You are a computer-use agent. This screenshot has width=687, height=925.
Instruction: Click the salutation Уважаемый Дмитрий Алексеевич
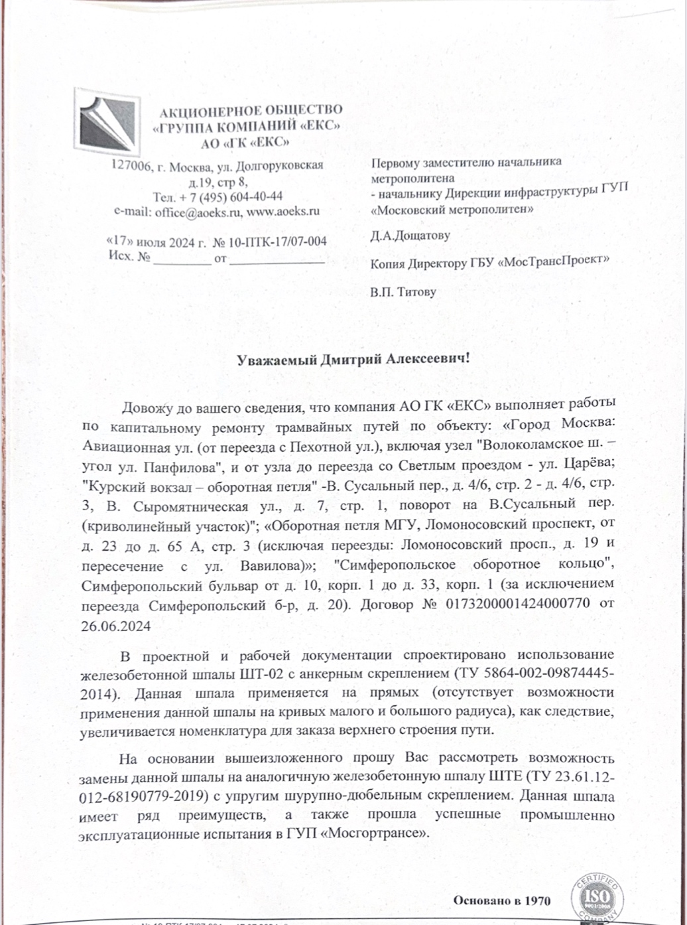tap(353, 359)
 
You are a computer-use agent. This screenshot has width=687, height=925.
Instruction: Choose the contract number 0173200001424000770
tap(527, 605)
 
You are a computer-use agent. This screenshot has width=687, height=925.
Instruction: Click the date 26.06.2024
tap(116, 626)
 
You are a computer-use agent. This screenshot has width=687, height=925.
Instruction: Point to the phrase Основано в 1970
tap(501, 900)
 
